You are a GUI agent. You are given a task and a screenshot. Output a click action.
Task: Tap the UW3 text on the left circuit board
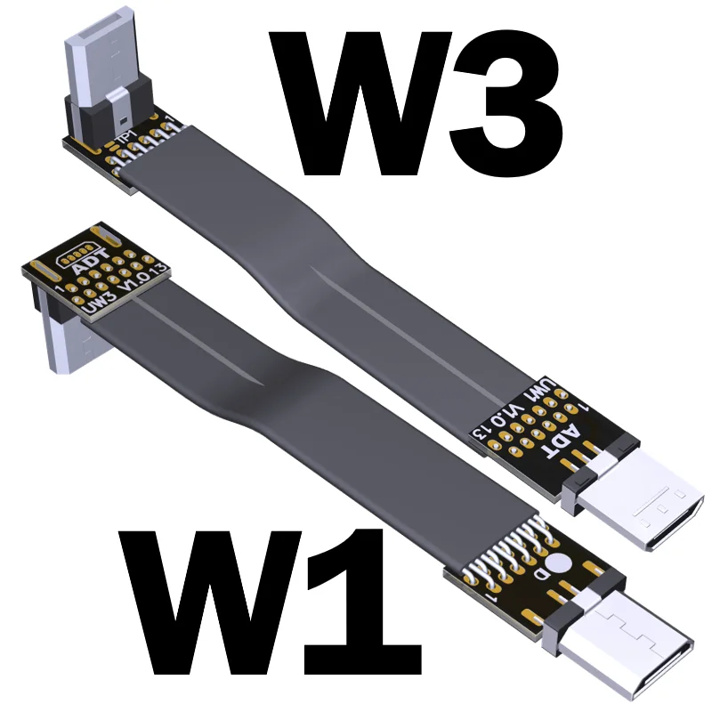click(103, 303)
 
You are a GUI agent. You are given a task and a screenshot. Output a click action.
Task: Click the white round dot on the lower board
click(558, 563)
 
